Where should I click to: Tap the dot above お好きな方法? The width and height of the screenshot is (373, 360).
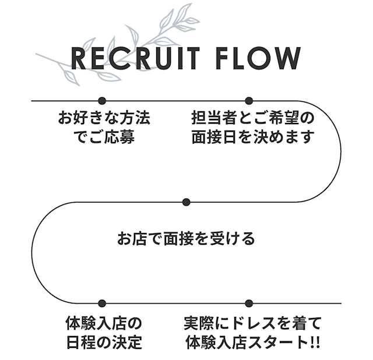click(x=102, y=101)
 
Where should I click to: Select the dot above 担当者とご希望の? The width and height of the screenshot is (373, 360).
click(x=249, y=101)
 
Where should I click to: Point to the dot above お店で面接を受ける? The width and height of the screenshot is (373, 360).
click(x=186, y=202)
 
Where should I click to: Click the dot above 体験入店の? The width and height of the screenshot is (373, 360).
click(x=102, y=303)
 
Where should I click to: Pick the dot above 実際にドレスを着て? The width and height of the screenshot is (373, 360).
click(x=249, y=303)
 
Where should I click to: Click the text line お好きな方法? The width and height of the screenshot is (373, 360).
click(x=104, y=118)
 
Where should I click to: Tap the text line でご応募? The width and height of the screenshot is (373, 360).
click(x=104, y=138)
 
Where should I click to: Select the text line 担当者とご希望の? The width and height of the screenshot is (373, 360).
click(x=253, y=118)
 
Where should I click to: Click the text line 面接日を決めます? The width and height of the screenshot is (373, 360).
click(x=253, y=138)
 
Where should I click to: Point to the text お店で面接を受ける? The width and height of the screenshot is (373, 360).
click(x=186, y=238)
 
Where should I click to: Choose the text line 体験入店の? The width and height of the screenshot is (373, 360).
click(x=104, y=322)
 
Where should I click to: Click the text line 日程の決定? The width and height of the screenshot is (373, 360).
click(x=104, y=341)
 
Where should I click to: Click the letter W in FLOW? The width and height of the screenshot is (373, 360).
click(x=289, y=58)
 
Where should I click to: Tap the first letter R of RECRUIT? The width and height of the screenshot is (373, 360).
click(x=79, y=58)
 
